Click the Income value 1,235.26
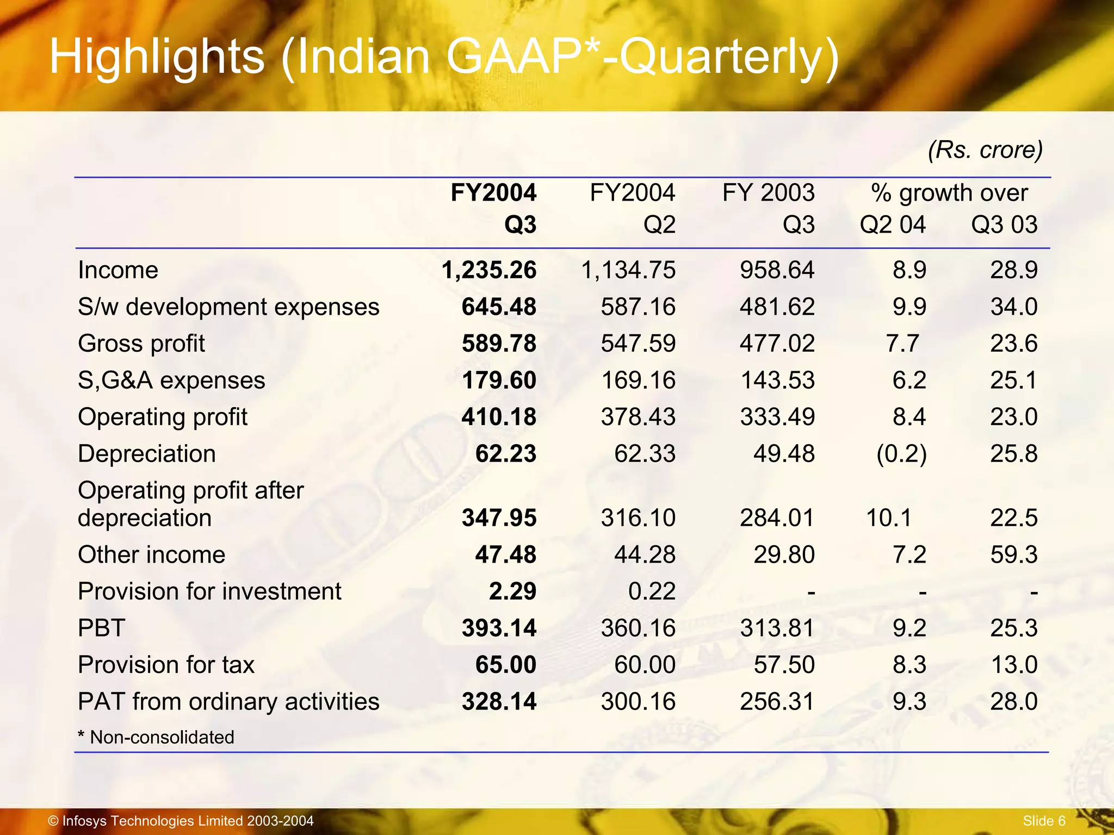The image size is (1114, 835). pos(488,270)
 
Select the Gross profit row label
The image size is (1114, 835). pos(141,344)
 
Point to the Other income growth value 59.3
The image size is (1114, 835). pos(1013,554)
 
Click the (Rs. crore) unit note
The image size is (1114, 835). pos(985,149)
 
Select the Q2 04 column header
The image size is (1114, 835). pos(892,225)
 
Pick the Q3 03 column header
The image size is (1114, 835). pos(1004,225)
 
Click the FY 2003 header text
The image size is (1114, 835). pos(768,193)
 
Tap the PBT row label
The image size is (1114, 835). pos(102,628)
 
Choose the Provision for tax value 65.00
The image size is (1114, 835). pos(505,665)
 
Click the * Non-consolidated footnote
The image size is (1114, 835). pos(156,737)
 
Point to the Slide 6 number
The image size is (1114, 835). pos(1044,821)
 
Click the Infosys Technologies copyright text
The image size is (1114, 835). pos(181,821)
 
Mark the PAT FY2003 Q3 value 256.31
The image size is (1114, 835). pos(777,701)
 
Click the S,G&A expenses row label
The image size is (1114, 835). pos(171,380)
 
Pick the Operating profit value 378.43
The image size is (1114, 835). pos(638,417)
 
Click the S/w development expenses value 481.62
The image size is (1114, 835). pos(777,307)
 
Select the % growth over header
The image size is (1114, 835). pos(949,193)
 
